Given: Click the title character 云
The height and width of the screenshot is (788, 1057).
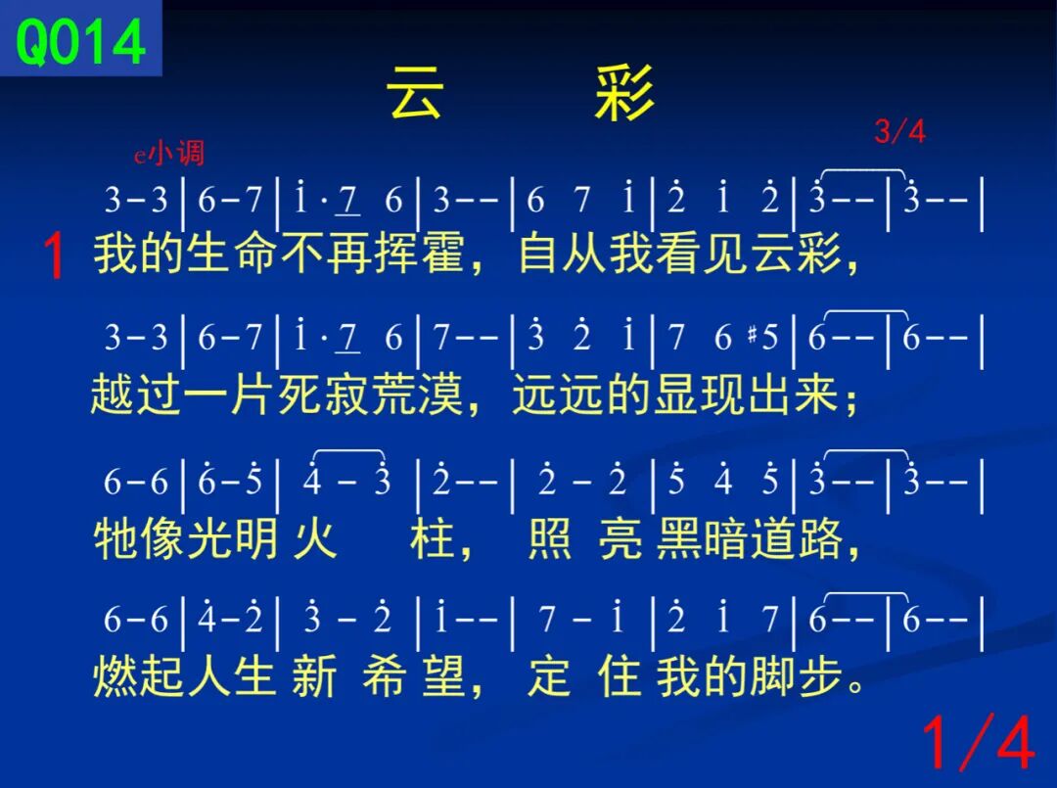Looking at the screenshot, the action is click(415, 92).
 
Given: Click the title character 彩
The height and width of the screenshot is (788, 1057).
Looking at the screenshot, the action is click(624, 92).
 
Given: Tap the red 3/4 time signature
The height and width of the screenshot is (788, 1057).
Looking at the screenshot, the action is click(900, 131).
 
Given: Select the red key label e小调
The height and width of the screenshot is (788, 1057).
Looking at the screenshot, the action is click(169, 154).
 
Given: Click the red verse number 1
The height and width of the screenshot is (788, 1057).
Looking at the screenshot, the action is click(54, 255).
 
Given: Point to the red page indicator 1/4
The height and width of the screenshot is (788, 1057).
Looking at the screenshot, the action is click(978, 742).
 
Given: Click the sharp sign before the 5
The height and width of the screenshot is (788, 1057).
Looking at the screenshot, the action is click(753, 335).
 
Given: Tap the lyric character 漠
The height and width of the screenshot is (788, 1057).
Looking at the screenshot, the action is click(440, 394).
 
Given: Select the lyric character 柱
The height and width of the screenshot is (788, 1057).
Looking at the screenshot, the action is click(432, 538).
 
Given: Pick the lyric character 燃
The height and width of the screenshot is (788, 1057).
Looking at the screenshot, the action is click(115, 676).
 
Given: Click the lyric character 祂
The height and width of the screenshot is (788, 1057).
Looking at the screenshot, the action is click(115, 538).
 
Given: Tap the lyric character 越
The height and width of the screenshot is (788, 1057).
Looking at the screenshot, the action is click(114, 394).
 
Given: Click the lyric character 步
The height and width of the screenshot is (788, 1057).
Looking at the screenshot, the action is click(820, 676).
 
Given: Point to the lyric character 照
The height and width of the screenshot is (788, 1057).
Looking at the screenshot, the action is click(549, 538).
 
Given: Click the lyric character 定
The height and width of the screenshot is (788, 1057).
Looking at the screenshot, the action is click(549, 676).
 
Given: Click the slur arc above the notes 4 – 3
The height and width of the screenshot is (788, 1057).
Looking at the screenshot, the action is click(348, 450).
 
